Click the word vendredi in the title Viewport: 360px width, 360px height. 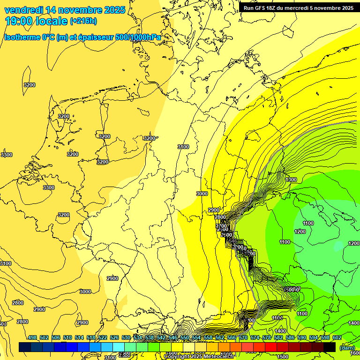(x=24, y=10)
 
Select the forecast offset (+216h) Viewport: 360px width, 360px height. (x=83, y=21)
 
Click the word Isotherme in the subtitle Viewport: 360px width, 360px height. (x=22, y=37)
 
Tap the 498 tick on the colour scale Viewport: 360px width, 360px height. (x=32, y=338)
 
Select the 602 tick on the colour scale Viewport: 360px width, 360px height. (x=337, y=338)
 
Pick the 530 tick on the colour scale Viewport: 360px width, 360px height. (x=126, y=338)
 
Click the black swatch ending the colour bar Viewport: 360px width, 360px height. (x=330, y=347)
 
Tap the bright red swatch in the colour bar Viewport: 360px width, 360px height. (x=271, y=347)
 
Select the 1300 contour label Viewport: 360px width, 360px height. (x=291, y=180)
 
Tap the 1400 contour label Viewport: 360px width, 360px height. (x=354, y=323)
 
